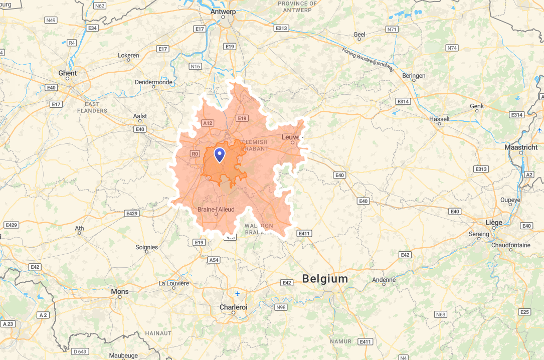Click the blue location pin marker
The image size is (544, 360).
tap(220, 154)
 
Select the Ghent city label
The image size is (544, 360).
tap(68, 73)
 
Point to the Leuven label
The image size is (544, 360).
tap(291, 137)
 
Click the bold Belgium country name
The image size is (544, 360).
tap(325, 279)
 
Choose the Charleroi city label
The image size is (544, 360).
tap(233, 307)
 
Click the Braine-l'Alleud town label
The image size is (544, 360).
tap(216, 209)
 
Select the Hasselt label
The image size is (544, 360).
tap(440, 119)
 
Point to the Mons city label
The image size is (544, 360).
tap(120, 291)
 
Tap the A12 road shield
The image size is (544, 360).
tap(208, 123)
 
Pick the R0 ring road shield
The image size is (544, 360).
tap(195, 154)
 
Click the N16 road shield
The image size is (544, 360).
tap(195, 66)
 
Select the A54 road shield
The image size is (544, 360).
tap(214, 260)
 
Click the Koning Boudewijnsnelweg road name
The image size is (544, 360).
tap(368, 59)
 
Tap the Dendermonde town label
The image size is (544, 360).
tap(153, 82)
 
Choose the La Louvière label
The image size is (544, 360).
tap(174, 283)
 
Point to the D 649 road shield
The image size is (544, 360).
tap(80, 351)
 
